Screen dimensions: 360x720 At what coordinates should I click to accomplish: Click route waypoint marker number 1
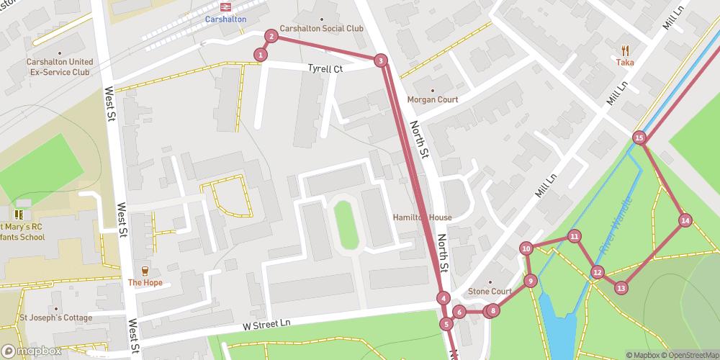(x=261, y=54)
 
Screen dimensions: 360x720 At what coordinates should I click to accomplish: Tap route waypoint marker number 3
(x=380, y=60)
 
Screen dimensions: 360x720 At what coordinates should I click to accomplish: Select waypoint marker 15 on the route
(x=639, y=137)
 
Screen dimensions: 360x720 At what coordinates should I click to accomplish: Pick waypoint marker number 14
(x=685, y=220)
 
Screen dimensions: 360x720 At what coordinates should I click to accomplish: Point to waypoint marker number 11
(x=574, y=236)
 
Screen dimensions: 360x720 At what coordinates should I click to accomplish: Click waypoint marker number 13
(x=621, y=288)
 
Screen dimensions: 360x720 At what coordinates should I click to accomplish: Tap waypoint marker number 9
(x=530, y=281)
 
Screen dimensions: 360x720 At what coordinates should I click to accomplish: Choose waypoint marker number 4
(x=444, y=298)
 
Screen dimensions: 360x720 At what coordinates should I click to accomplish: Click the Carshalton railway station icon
(x=225, y=7)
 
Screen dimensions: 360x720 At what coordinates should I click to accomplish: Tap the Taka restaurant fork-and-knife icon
(x=624, y=50)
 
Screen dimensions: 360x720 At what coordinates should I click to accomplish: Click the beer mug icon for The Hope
(x=144, y=271)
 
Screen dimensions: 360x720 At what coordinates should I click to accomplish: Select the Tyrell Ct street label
(x=325, y=69)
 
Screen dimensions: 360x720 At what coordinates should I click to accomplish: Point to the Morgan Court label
(x=432, y=99)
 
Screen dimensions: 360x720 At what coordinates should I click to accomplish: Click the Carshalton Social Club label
(x=321, y=29)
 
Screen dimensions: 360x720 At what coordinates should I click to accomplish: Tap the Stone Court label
(x=490, y=292)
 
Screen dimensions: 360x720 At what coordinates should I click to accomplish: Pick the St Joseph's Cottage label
(x=55, y=318)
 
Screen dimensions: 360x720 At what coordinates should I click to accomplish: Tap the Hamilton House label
(x=422, y=217)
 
